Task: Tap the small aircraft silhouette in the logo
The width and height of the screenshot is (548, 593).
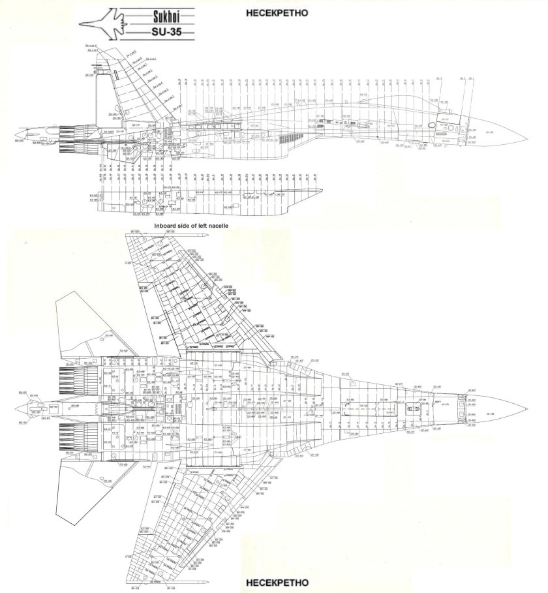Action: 102,23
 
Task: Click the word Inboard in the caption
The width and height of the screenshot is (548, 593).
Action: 167,225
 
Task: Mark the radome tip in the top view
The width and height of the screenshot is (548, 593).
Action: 527,408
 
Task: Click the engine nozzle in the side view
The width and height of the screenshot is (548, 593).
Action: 73,138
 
